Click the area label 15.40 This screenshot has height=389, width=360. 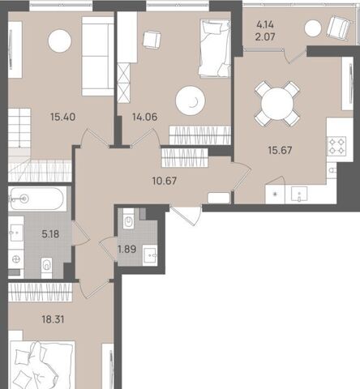[x=62, y=117]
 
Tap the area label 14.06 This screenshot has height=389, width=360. [x=145, y=117]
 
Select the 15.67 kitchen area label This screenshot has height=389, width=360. [x=280, y=150]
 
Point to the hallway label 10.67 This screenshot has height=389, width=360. [x=165, y=181]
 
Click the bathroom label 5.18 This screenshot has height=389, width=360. [x=50, y=234]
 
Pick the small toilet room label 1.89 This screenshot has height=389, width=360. [x=127, y=249]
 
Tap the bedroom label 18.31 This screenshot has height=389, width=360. [x=53, y=319]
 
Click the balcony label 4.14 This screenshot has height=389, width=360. [x=265, y=25]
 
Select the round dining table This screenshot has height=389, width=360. [x=277, y=104]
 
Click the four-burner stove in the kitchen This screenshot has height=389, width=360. [x=336, y=146]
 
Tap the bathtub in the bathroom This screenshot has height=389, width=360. [x=37, y=199]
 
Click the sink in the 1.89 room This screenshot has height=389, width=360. [x=150, y=254]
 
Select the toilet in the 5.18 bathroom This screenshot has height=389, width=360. [x=47, y=266]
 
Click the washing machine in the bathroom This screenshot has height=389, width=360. [x=16, y=259]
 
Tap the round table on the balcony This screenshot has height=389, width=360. [x=313, y=28]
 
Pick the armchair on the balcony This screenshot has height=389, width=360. [x=339, y=28]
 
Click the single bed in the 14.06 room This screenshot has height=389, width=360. [x=215, y=48]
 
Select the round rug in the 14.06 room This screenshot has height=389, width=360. [x=191, y=101]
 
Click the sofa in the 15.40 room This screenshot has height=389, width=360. [x=98, y=56]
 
